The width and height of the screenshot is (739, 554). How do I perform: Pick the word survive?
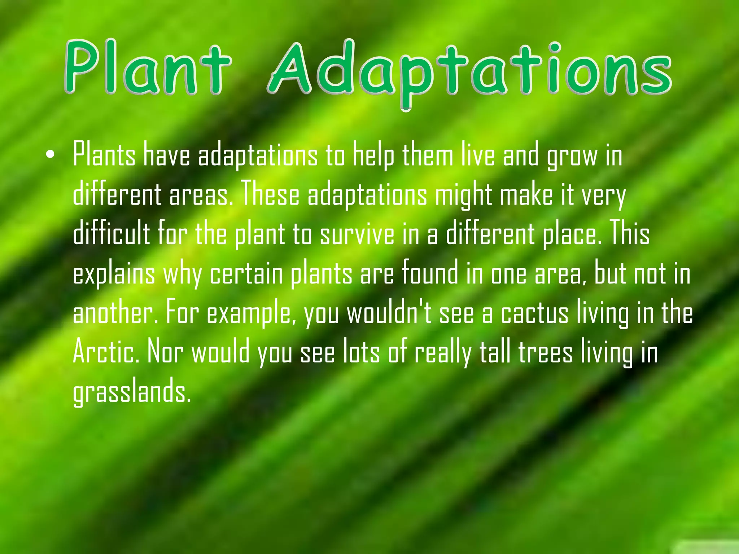click(357, 234)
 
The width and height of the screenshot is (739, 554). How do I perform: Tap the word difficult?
click(111, 234)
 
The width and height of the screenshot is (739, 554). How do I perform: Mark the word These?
click(270, 195)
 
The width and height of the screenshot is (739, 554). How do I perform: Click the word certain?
click(246, 274)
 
